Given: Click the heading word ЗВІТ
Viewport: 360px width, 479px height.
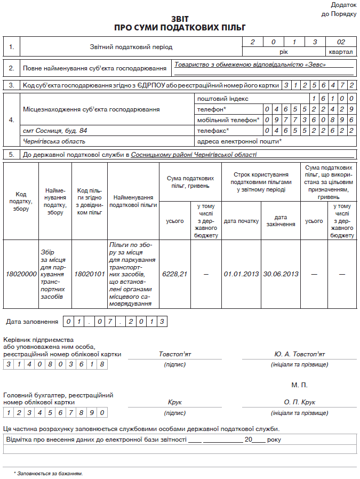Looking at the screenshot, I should coord(180,18).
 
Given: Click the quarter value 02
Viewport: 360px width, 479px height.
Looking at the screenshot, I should coord(341,42).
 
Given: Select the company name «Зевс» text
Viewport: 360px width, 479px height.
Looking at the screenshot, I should coord(250,65).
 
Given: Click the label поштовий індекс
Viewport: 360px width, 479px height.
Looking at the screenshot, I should coord(222,99).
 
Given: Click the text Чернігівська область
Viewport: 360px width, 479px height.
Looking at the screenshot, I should coord(54,141).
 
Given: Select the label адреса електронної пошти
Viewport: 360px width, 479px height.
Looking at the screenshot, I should coord(239,141).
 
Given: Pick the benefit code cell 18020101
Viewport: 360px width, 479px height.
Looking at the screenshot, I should coord(90,274).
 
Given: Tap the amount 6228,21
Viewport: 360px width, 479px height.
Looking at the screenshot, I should coord(175,274).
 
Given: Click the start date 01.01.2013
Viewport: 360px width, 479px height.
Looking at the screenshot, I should coord(241,274).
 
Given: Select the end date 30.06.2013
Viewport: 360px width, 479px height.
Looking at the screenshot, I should coord(281,274).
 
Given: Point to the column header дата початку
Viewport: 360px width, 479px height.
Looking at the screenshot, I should coord(241,221).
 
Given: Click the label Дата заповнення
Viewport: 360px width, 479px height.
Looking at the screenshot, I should coord(32,322).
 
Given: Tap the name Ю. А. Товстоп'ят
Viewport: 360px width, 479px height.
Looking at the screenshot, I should coord(299,354).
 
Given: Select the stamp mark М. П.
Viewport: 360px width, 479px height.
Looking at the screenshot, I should coord(299,385).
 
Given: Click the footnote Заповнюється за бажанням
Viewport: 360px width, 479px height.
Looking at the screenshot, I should coord(50,473).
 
